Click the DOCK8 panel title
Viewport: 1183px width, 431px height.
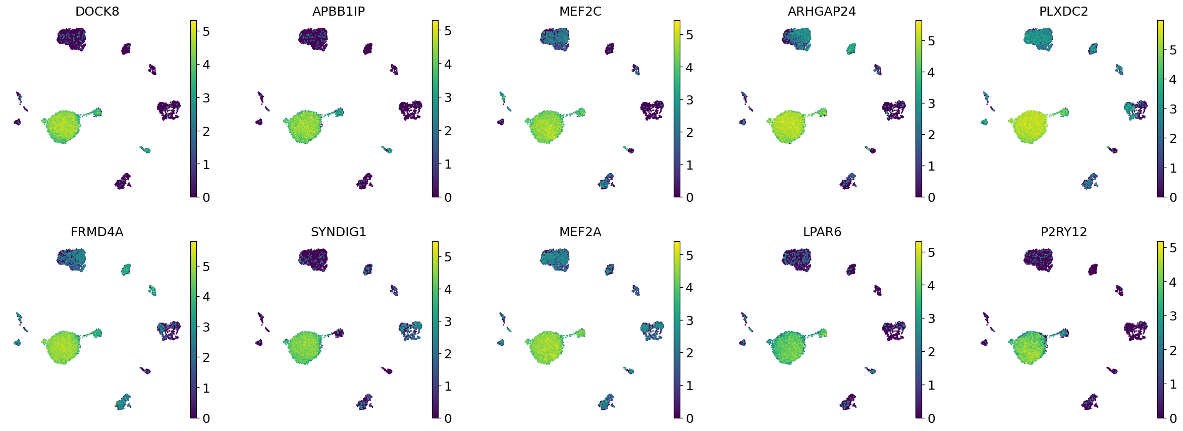(x=97, y=12)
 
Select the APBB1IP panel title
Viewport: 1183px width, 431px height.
(x=338, y=12)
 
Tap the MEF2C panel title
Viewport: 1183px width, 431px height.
(x=580, y=12)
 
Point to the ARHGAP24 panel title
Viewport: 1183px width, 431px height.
(x=822, y=12)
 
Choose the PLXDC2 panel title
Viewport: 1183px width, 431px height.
(x=1063, y=12)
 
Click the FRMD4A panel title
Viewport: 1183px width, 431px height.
(x=97, y=232)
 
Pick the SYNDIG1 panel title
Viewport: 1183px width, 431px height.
(x=338, y=232)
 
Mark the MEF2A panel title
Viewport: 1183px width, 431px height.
(x=580, y=232)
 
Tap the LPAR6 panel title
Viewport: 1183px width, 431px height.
(x=822, y=232)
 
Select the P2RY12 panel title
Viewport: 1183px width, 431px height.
(x=1063, y=232)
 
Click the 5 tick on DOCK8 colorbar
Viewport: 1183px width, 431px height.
(x=206, y=31)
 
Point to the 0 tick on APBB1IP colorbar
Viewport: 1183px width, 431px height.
(x=448, y=197)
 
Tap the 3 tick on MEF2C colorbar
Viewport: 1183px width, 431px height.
(x=689, y=100)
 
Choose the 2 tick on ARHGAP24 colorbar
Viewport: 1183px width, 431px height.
(x=931, y=135)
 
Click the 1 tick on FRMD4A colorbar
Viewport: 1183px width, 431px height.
(x=206, y=388)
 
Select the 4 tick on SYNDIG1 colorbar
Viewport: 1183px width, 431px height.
(x=448, y=289)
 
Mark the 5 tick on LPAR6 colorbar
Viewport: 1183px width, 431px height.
(x=931, y=252)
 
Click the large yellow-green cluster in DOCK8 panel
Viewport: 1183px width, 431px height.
(x=63, y=127)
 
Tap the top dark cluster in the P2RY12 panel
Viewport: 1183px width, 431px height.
(x=1038, y=259)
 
